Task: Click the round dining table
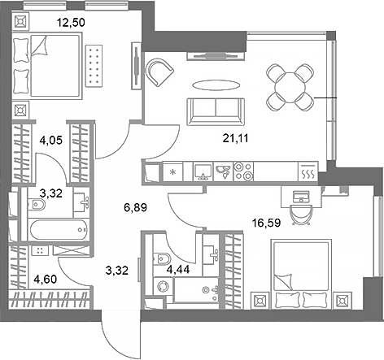[289, 85]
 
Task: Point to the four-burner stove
[243, 171]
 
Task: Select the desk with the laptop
[300, 198]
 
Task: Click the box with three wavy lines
[308, 173]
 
